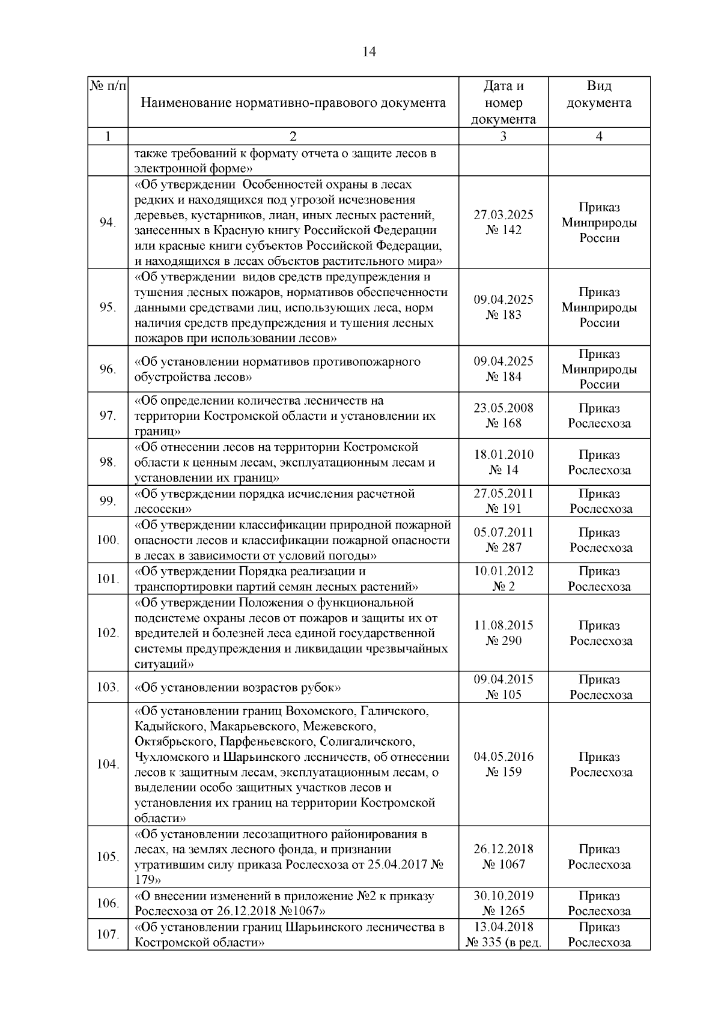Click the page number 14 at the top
point(369,52)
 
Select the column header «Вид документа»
point(598,95)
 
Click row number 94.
point(108,223)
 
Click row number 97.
point(108,416)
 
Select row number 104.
point(108,764)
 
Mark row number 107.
point(108,935)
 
